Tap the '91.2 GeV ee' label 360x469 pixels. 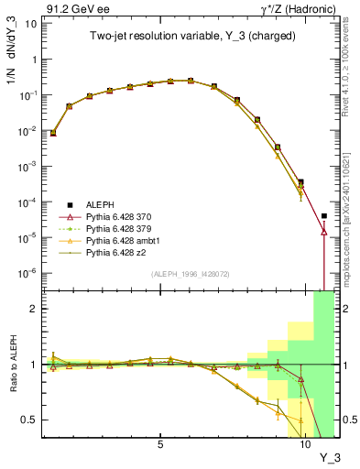72,8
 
